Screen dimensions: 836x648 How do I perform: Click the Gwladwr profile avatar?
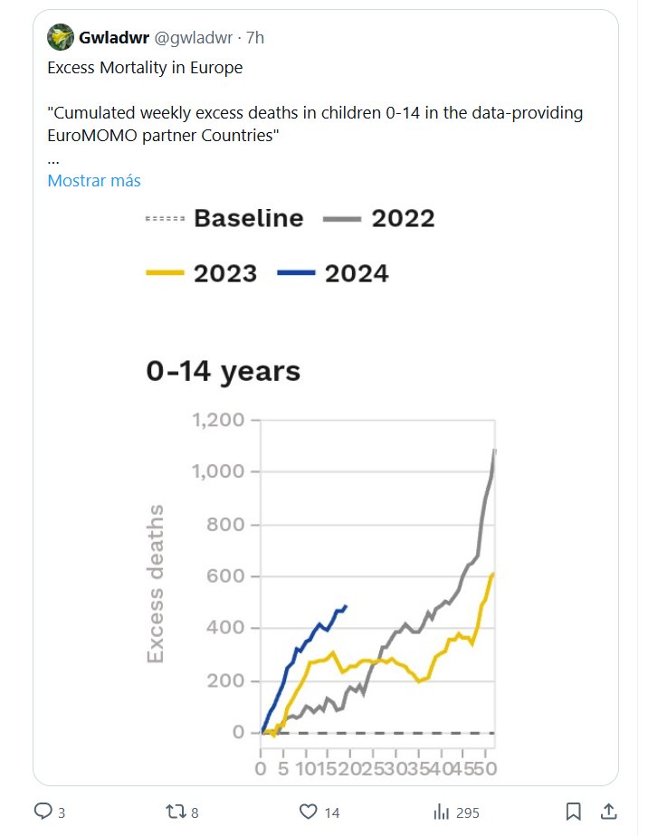click(x=61, y=38)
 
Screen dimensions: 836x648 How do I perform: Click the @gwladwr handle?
click(x=193, y=38)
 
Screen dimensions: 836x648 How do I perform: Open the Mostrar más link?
click(x=93, y=180)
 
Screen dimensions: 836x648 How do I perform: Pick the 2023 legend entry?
click(x=202, y=272)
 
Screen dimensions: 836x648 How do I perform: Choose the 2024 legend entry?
click(x=334, y=272)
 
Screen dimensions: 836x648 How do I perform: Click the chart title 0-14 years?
click(x=224, y=371)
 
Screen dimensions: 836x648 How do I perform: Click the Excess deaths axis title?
click(x=157, y=584)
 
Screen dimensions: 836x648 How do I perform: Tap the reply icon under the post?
click(x=43, y=812)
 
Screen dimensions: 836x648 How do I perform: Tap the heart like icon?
click(x=307, y=812)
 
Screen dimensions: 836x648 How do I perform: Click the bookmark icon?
click(x=573, y=812)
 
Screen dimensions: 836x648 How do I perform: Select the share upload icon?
click(x=609, y=812)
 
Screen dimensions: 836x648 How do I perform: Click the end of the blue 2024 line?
click(x=346, y=606)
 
